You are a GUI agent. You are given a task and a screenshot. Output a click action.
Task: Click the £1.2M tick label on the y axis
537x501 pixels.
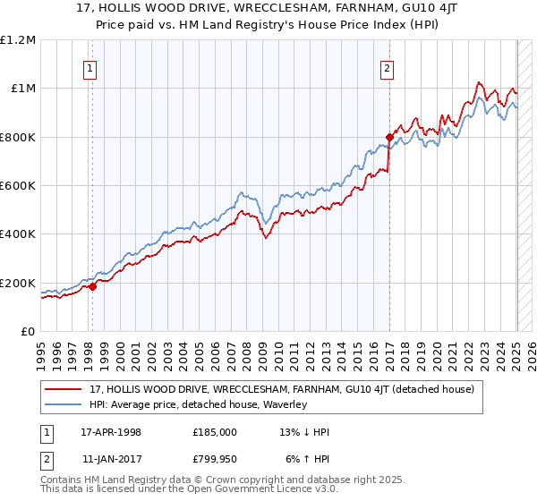(18, 39)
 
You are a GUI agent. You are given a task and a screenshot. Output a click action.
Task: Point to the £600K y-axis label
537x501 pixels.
(18, 186)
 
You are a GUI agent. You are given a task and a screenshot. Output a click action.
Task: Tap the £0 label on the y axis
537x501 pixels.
(29, 332)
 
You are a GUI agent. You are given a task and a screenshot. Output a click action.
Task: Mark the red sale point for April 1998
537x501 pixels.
(92, 287)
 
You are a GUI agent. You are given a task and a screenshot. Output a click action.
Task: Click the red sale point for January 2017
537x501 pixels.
(389, 137)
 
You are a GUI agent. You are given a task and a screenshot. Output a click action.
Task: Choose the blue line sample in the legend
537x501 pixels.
(63, 404)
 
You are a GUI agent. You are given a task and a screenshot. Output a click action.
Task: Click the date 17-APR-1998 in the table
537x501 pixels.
(111, 431)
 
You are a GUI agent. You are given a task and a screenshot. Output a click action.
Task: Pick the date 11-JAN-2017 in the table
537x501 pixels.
(111, 458)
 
